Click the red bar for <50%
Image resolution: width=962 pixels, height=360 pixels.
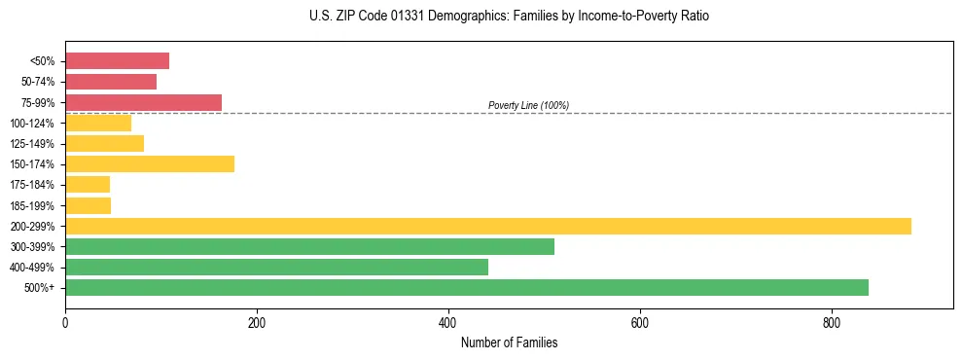click(117, 61)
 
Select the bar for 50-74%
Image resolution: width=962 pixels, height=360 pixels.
click(111, 82)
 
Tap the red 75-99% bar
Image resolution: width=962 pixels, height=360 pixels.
click(143, 102)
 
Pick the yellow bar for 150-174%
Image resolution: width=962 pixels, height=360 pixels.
click(150, 163)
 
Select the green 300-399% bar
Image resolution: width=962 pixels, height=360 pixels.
click(309, 246)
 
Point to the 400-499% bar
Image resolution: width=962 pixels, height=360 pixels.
click(276, 267)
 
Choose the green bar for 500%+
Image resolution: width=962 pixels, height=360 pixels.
click(467, 287)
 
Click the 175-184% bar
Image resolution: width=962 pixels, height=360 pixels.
click(88, 185)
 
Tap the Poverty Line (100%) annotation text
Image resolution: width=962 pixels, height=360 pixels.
click(528, 105)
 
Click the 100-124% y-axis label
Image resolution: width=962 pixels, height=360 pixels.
click(32, 124)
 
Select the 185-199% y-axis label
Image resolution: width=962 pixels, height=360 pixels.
click(32, 205)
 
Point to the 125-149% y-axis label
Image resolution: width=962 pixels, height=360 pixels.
click(32, 144)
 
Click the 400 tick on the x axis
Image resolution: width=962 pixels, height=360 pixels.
click(448, 322)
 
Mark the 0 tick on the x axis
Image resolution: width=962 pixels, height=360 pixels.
click(65, 322)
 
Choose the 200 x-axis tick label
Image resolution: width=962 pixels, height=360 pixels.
click(257, 322)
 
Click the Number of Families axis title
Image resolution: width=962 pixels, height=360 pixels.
click(509, 342)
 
